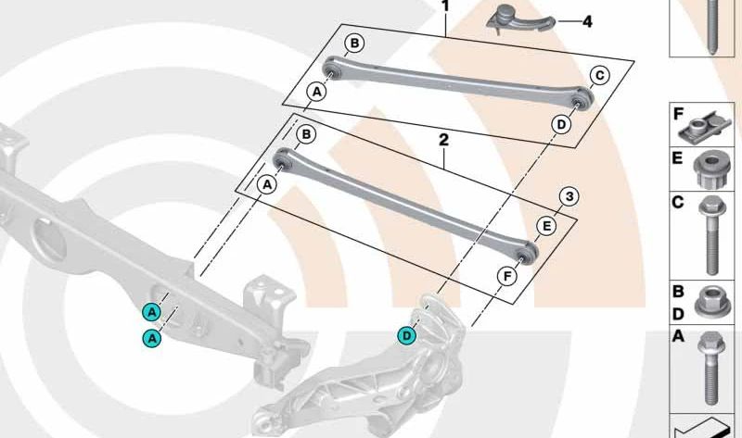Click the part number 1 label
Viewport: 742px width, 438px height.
pyautogui.click(x=445, y=6)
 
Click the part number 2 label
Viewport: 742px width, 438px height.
pyautogui.click(x=443, y=141)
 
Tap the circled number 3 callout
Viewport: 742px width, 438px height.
pyautogui.click(x=569, y=196)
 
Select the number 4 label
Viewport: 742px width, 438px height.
pyautogui.click(x=587, y=21)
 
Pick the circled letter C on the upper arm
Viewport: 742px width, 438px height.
pyautogui.click(x=599, y=75)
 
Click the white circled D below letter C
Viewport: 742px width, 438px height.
pyautogui.click(x=561, y=125)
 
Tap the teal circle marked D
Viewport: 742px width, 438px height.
pyautogui.click(x=407, y=336)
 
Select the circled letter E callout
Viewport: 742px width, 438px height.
pyautogui.click(x=546, y=226)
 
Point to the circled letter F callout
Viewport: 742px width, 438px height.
pyautogui.click(x=507, y=276)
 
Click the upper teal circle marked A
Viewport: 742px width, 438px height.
pyautogui.click(x=152, y=312)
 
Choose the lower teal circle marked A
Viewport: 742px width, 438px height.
pyautogui.click(x=152, y=338)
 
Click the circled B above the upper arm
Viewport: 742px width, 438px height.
pyautogui.click(x=354, y=44)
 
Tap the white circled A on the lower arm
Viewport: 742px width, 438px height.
pyautogui.click(x=267, y=184)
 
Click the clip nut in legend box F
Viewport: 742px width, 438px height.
pyautogui.click(x=704, y=128)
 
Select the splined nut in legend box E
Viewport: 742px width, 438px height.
pyautogui.click(x=711, y=168)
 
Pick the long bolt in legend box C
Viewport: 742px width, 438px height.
pyautogui.click(x=710, y=235)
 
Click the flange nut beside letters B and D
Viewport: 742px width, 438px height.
pyautogui.click(x=712, y=302)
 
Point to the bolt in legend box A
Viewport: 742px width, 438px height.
pyautogui.click(x=710, y=368)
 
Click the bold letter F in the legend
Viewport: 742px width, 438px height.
pyautogui.click(x=678, y=114)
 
